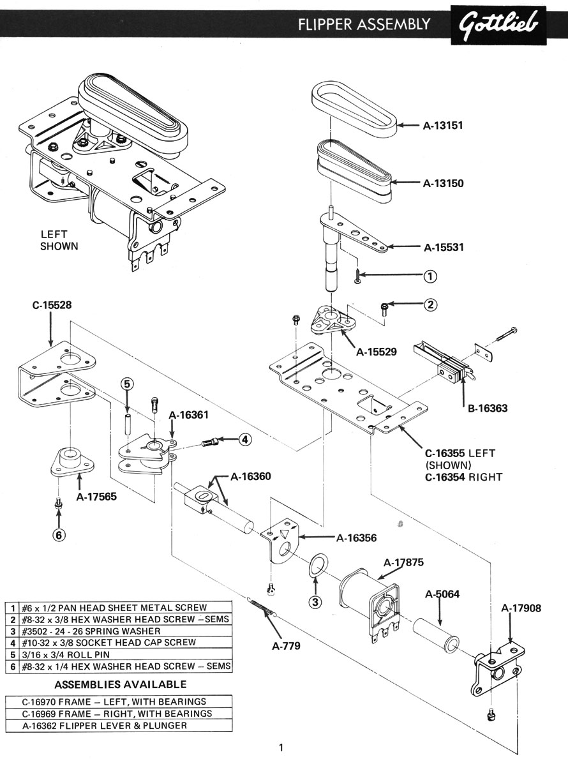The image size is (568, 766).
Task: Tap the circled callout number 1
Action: click(x=431, y=276)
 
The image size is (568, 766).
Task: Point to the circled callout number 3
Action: click(x=313, y=601)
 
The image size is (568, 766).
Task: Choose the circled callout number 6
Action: click(x=59, y=535)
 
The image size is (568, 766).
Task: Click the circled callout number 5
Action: click(x=127, y=384)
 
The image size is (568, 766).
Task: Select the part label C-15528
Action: click(x=52, y=305)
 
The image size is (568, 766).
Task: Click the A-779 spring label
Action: click(x=285, y=645)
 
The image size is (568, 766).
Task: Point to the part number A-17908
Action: click(x=521, y=608)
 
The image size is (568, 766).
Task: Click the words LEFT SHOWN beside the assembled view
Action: click(x=59, y=240)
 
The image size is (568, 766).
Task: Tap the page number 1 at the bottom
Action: click(x=281, y=747)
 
